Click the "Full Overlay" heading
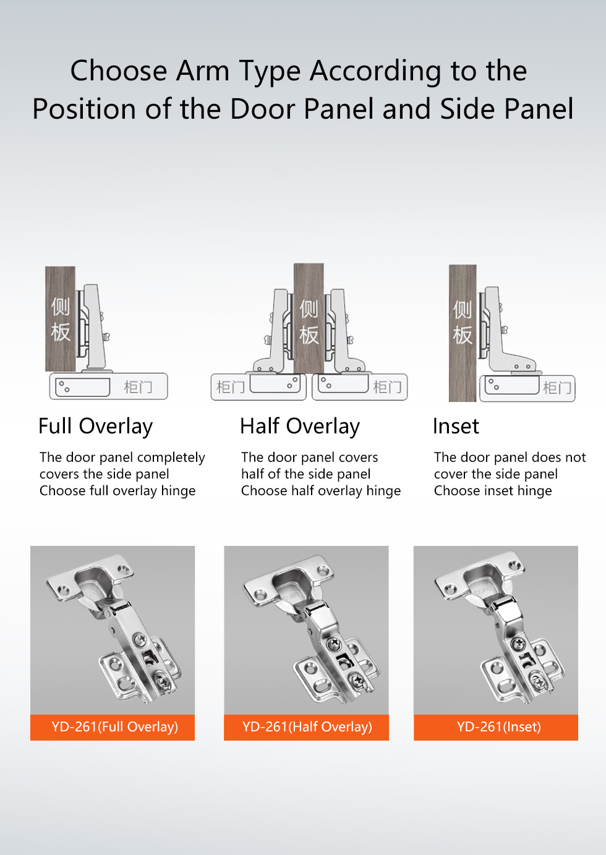(95, 427)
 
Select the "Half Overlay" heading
(300, 427)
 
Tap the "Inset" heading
(456, 426)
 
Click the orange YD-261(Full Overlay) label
(113, 727)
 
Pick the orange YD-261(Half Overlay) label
(306, 727)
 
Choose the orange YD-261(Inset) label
(496, 727)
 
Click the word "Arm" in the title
(202, 70)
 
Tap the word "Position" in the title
(84, 109)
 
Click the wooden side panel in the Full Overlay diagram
(60, 319)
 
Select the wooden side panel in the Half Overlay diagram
(309, 318)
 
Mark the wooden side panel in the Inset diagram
(463, 333)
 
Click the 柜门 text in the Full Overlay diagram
(138, 387)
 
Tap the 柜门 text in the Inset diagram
(557, 388)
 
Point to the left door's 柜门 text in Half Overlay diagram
(230, 387)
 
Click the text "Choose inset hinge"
(493, 491)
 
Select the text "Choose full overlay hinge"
(117, 491)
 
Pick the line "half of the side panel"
(305, 474)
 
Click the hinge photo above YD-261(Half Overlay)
(306, 630)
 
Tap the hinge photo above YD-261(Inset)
(496, 630)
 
